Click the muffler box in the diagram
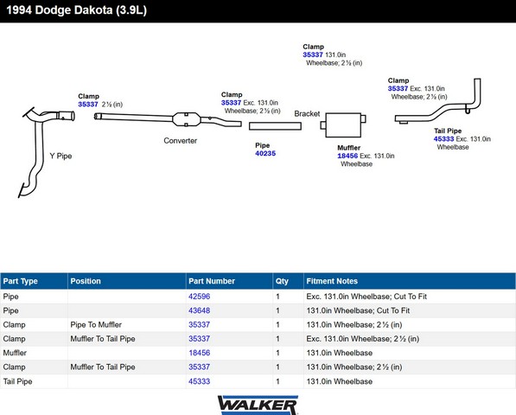(343, 124)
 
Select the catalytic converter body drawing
(186, 119)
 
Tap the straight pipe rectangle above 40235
(275, 126)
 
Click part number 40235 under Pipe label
(265, 153)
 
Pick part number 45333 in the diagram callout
(443, 139)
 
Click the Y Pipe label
(61, 156)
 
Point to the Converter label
(181, 141)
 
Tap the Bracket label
(307, 113)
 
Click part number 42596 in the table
(199, 297)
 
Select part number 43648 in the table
(199, 310)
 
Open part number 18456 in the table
(199, 353)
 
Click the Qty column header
(282, 281)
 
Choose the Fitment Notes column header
(332, 281)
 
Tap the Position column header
(86, 281)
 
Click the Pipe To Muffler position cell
(96, 325)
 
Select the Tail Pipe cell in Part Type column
(18, 381)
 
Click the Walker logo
(258, 405)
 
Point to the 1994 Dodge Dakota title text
(77, 10)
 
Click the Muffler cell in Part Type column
(15, 353)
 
